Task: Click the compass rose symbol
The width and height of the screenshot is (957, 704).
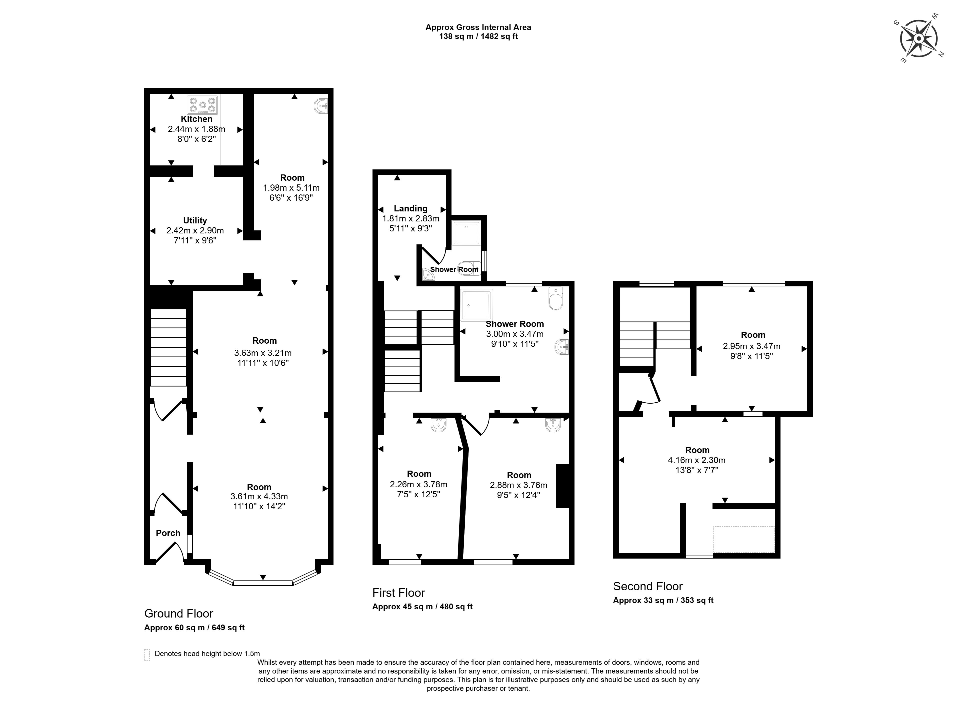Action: pos(919,39)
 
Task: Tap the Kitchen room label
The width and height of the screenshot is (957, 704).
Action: pos(196,119)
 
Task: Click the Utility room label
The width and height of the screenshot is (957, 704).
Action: pos(195,220)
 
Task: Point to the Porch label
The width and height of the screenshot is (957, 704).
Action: pos(168,533)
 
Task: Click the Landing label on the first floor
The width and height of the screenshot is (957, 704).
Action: pos(410,208)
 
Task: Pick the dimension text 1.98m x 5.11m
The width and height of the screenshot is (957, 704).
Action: pos(291,187)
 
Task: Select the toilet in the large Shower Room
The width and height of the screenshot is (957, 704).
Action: pos(556,298)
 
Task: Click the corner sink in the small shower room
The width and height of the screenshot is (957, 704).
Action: pos(427,275)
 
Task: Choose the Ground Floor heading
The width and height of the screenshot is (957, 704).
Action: pos(178,613)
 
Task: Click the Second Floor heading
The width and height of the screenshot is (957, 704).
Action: pos(647,586)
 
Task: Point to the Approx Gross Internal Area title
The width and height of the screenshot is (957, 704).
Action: pos(478,27)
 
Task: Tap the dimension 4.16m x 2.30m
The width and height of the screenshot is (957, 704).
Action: pos(696,460)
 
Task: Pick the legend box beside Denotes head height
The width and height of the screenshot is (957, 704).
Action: pos(147,655)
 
